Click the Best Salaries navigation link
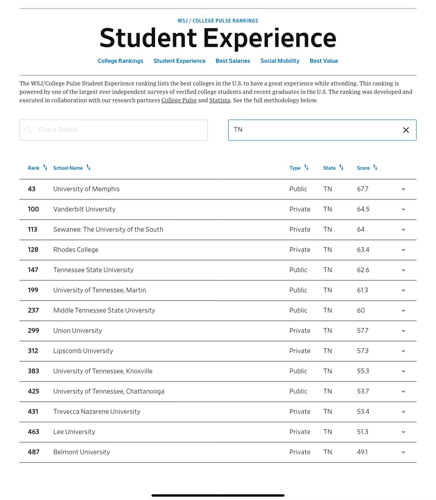(x=233, y=61)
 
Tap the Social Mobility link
(x=280, y=61)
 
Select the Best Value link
(x=324, y=61)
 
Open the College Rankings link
(x=120, y=61)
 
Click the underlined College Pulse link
(x=179, y=100)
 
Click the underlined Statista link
(x=220, y=100)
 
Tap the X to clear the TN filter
(x=406, y=130)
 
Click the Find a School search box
(x=113, y=130)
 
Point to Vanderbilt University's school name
(x=84, y=209)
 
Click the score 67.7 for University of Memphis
(x=362, y=189)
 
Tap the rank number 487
(x=33, y=452)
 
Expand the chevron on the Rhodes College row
(x=403, y=250)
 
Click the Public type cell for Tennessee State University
(x=298, y=270)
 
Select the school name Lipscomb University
(x=83, y=351)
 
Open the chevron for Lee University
(x=403, y=432)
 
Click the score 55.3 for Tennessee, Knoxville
(x=363, y=371)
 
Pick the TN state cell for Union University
(x=327, y=331)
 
